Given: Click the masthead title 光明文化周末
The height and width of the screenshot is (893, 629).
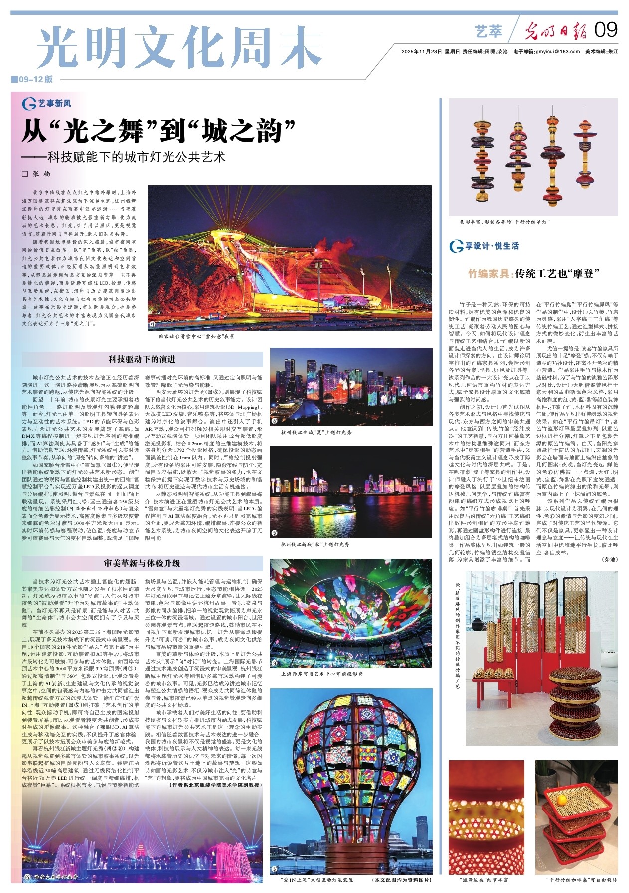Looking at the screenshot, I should coord(180,48).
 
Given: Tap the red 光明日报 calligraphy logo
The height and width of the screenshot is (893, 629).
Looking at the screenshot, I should coord(557,31).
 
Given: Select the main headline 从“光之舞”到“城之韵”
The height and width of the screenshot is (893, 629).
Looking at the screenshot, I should coord(159,131).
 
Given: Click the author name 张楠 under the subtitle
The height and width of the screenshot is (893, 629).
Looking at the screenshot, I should coord(42,174).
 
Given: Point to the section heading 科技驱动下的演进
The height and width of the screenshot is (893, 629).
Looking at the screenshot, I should coord(142,359).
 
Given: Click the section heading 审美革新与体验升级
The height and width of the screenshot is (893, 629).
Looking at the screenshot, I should coord(142,563).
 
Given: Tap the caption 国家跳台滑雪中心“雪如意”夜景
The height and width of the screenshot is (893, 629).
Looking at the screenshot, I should coord(196,337).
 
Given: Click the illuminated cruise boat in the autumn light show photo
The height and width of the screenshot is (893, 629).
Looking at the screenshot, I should coord(328,510).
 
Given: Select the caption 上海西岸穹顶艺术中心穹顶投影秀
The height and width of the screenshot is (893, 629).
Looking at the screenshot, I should coord(321,674).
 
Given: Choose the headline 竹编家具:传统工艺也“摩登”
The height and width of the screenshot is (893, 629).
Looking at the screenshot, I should coord(533,273).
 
